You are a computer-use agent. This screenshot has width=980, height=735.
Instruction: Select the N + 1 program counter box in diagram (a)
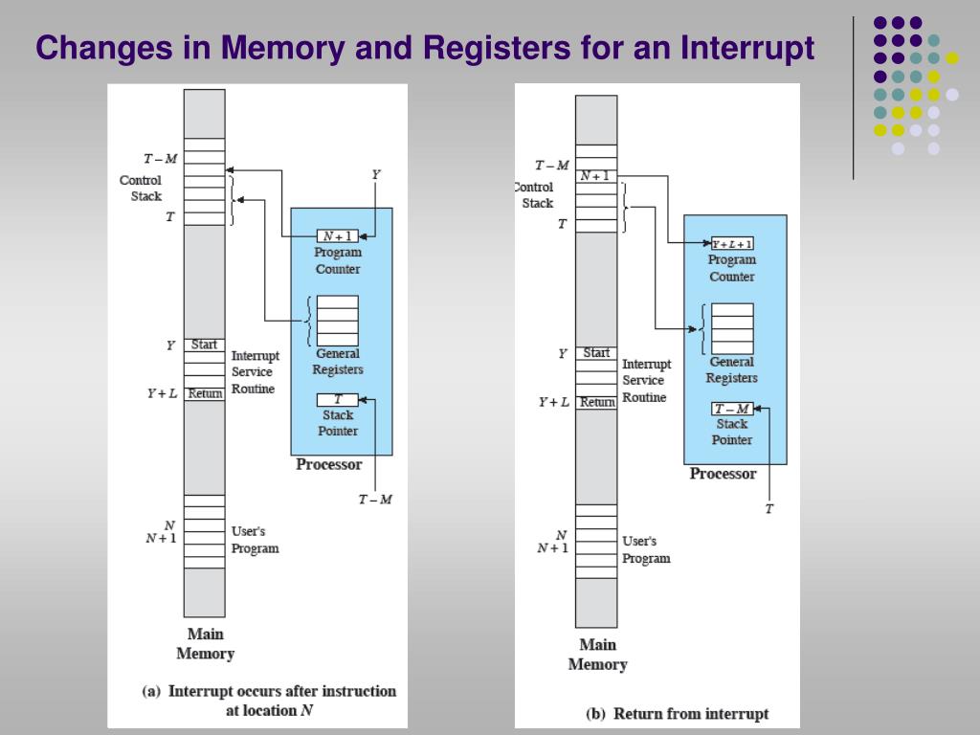click(338, 236)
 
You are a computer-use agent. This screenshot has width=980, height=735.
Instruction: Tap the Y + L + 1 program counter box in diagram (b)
click(732, 243)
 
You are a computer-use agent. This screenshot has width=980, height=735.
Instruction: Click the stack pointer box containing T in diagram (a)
click(338, 399)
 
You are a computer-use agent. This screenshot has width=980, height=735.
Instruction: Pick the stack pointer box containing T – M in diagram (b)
click(732, 409)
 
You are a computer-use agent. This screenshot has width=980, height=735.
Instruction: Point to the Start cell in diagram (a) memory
click(204, 345)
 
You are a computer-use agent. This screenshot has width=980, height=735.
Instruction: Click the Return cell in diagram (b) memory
click(596, 402)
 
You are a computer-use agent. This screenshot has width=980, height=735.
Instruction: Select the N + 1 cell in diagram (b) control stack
click(595, 176)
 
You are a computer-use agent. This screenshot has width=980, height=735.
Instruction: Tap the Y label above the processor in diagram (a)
click(375, 174)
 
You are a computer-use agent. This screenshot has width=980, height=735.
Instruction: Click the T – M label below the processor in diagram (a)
click(375, 500)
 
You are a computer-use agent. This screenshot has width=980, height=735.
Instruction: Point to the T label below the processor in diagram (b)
click(768, 509)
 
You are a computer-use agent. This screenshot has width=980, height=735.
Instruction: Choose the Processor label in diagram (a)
click(329, 465)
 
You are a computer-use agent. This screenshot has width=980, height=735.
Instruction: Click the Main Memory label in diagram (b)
click(596, 655)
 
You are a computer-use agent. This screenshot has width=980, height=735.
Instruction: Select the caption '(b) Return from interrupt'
click(677, 714)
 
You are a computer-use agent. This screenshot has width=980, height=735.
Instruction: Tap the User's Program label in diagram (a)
click(255, 540)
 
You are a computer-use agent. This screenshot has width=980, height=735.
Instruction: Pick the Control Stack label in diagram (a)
click(142, 188)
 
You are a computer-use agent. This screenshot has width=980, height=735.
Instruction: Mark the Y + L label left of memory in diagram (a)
click(161, 393)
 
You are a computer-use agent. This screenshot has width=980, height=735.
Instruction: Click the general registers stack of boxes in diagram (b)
click(732, 328)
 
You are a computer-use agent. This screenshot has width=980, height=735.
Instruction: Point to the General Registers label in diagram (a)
click(338, 362)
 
